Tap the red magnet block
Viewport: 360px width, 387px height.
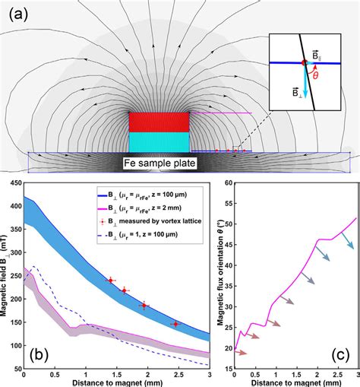pyautogui.click(x=158, y=122)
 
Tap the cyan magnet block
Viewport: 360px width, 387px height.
pyautogui.click(x=158, y=142)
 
